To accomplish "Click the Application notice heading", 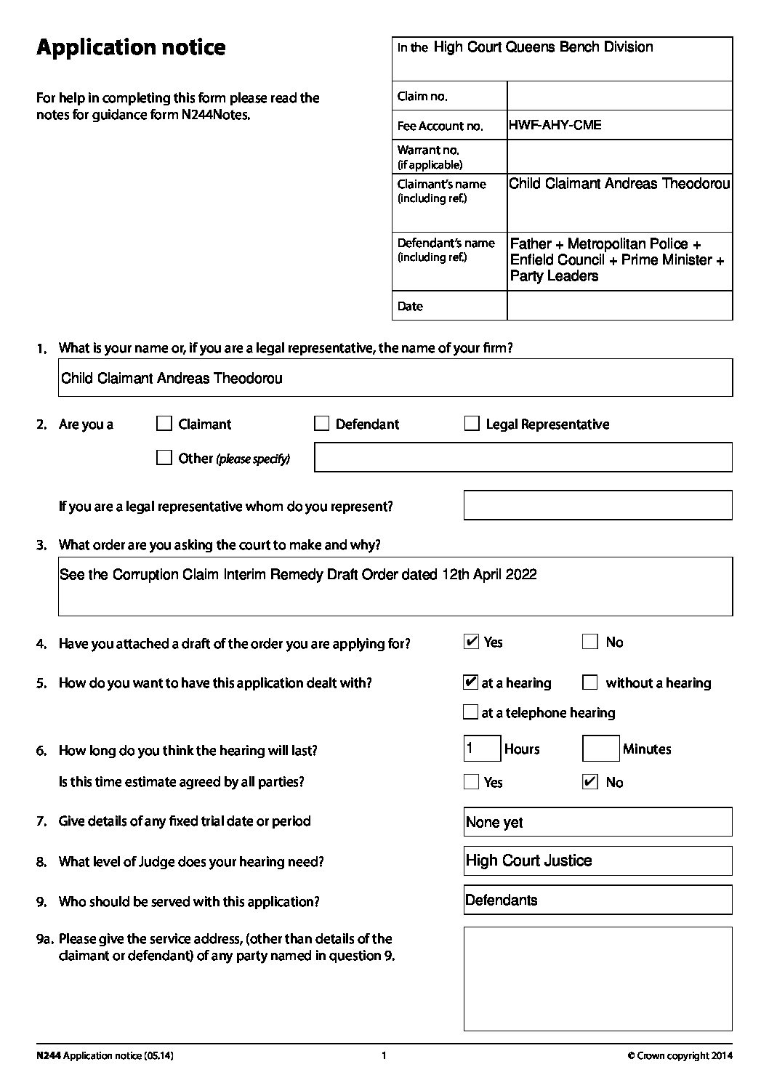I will (131, 48).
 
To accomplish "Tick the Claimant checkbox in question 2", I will (164, 424).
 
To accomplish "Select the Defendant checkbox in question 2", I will (321, 424).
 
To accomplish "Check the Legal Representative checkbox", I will (472, 424).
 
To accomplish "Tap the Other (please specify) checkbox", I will (164, 458).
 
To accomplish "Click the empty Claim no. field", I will (619, 96).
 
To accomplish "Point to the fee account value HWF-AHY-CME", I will (555, 125).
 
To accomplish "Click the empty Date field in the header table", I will (619, 306).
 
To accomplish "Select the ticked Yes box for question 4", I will (471, 642).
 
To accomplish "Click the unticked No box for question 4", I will (590, 642).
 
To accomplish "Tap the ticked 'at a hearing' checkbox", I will (470, 682).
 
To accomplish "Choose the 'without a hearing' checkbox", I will (590, 682).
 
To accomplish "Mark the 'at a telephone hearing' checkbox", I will (471, 712).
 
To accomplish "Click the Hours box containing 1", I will (482, 749).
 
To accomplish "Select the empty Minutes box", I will (601, 749).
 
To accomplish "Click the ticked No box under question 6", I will (590, 782).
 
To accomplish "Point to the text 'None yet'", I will (494, 823).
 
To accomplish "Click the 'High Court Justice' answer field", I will (597, 861).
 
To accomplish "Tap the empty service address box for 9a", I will (597, 978).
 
